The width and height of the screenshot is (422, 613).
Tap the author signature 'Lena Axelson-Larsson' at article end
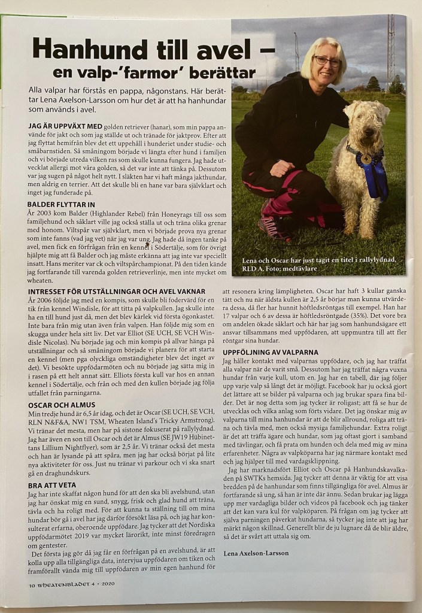click(x=257, y=553)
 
